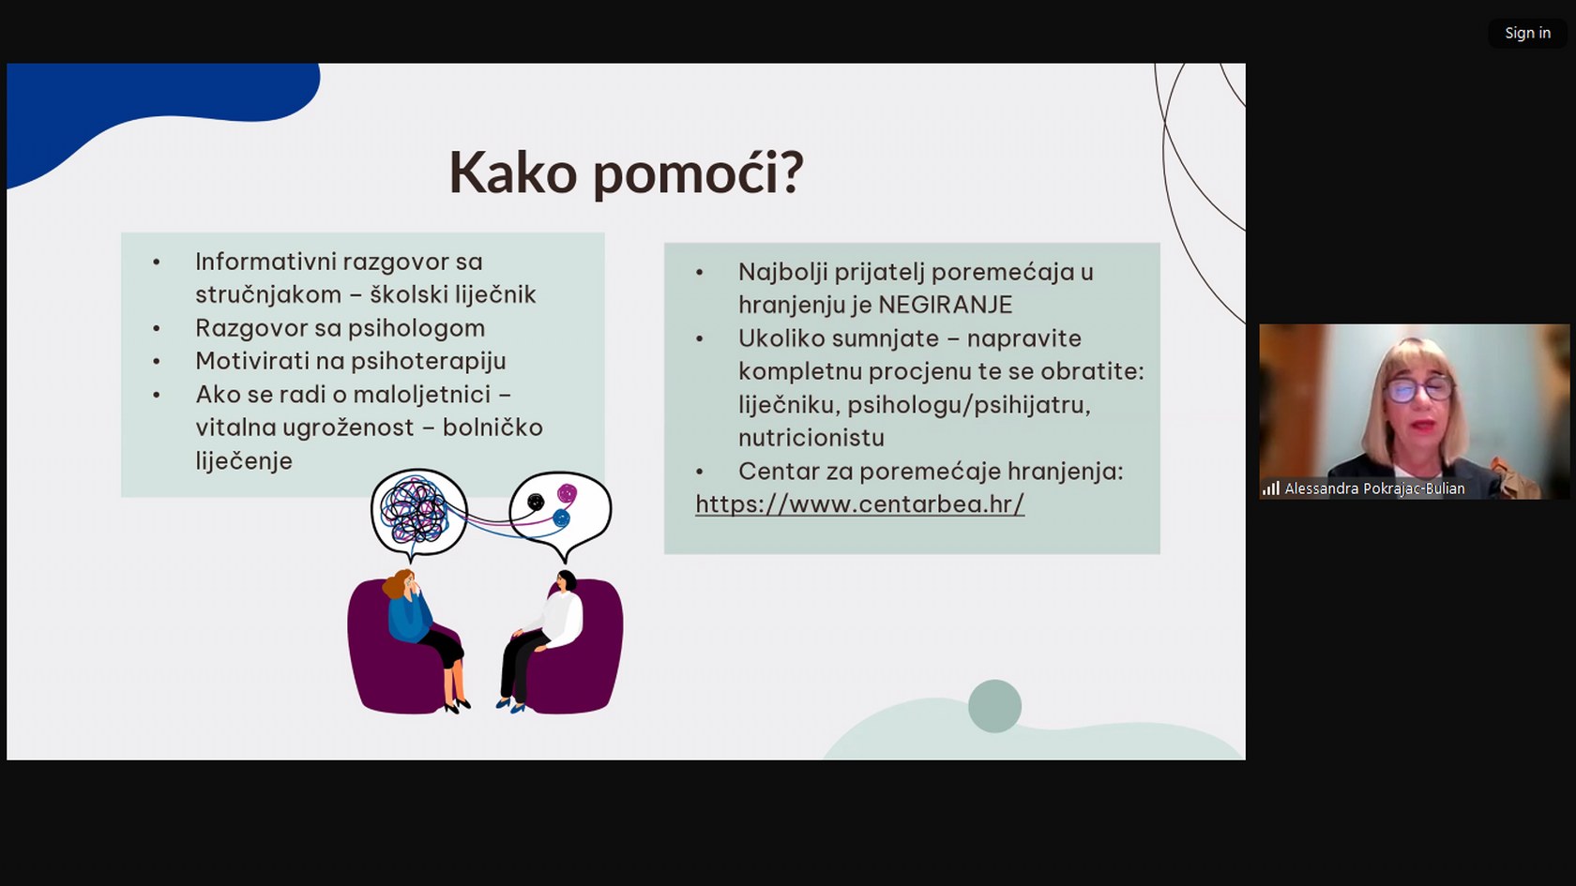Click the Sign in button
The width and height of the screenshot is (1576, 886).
click(x=1527, y=33)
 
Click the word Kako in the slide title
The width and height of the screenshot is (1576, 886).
click(x=513, y=172)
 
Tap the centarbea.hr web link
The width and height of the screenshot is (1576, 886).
click(x=859, y=503)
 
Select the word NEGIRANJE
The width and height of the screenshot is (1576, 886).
click(x=946, y=305)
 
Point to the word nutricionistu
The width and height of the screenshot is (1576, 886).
click(x=811, y=437)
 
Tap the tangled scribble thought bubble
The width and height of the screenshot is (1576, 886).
click(x=419, y=513)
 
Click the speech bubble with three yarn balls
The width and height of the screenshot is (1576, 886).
click(x=561, y=512)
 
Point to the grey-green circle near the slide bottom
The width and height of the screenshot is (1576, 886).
click(x=994, y=706)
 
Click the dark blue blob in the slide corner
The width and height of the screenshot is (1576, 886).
click(x=141, y=105)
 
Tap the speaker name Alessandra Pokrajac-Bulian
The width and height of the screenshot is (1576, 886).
click(x=1375, y=488)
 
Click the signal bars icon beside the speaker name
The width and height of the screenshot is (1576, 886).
click(x=1270, y=488)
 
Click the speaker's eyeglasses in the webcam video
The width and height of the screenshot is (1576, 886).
click(x=1418, y=389)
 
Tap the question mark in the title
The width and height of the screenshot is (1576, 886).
click(x=792, y=172)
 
